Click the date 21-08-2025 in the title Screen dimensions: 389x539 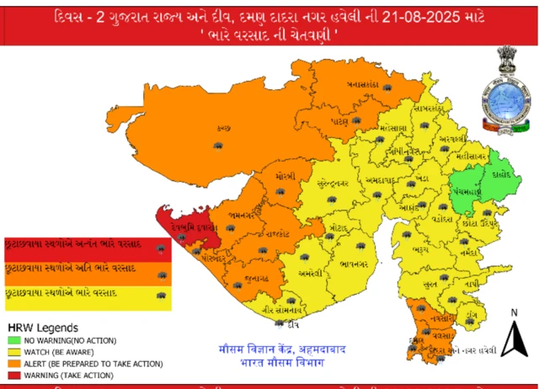click(x=430, y=16)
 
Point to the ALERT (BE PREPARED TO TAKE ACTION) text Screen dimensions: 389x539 click(x=79, y=364)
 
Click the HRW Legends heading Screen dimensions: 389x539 click(x=44, y=327)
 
